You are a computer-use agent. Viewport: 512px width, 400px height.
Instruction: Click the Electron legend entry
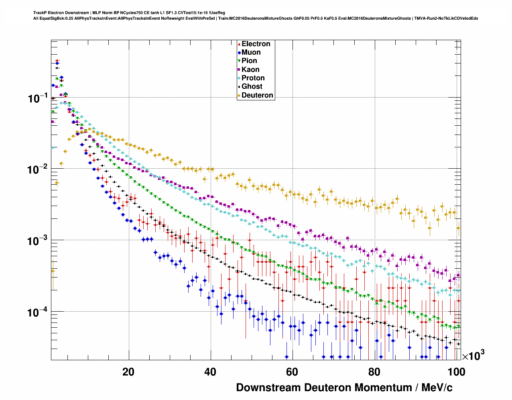pyautogui.click(x=256, y=44)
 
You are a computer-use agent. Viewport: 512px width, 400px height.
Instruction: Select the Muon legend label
pyautogui.click(x=251, y=52)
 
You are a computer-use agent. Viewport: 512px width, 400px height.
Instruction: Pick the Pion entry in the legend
pyautogui.click(x=249, y=61)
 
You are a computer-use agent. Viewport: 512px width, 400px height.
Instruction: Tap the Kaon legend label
pyautogui.click(x=250, y=69)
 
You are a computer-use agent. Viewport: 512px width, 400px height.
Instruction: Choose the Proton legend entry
pyautogui.click(x=253, y=78)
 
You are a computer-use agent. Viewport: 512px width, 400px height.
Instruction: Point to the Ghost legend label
pyautogui.click(x=252, y=86)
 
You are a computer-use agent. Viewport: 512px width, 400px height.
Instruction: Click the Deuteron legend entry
pyautogui.click(x=257, y=95)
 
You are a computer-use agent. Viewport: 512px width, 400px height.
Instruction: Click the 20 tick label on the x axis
pyautogui.click(x=128, y=372)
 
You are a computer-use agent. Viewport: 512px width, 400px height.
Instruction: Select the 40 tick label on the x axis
pyautogui.click(x=210, y=372)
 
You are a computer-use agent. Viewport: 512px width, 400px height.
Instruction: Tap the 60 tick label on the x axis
pyautogui.click(x=292, y=372)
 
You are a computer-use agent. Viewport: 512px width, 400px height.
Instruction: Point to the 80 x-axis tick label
pyautogui.click(x=374, y=372)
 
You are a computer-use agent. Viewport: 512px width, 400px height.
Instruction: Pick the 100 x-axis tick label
pyautogui.click(x=456, y=372)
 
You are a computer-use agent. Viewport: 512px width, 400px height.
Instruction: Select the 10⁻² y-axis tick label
pyautogui.click(x=38, y=169)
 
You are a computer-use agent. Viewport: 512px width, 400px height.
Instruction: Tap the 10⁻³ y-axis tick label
pyautogui.click(x=38, y=240)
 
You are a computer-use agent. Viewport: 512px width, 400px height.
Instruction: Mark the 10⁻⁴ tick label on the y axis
pyautogui.click(x=38, y=312)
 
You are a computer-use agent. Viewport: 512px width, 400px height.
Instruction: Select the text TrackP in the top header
pyautogui.click(x=40, y=13)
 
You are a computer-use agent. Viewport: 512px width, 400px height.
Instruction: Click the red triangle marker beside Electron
pyautogui.click(x=239, y=44)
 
